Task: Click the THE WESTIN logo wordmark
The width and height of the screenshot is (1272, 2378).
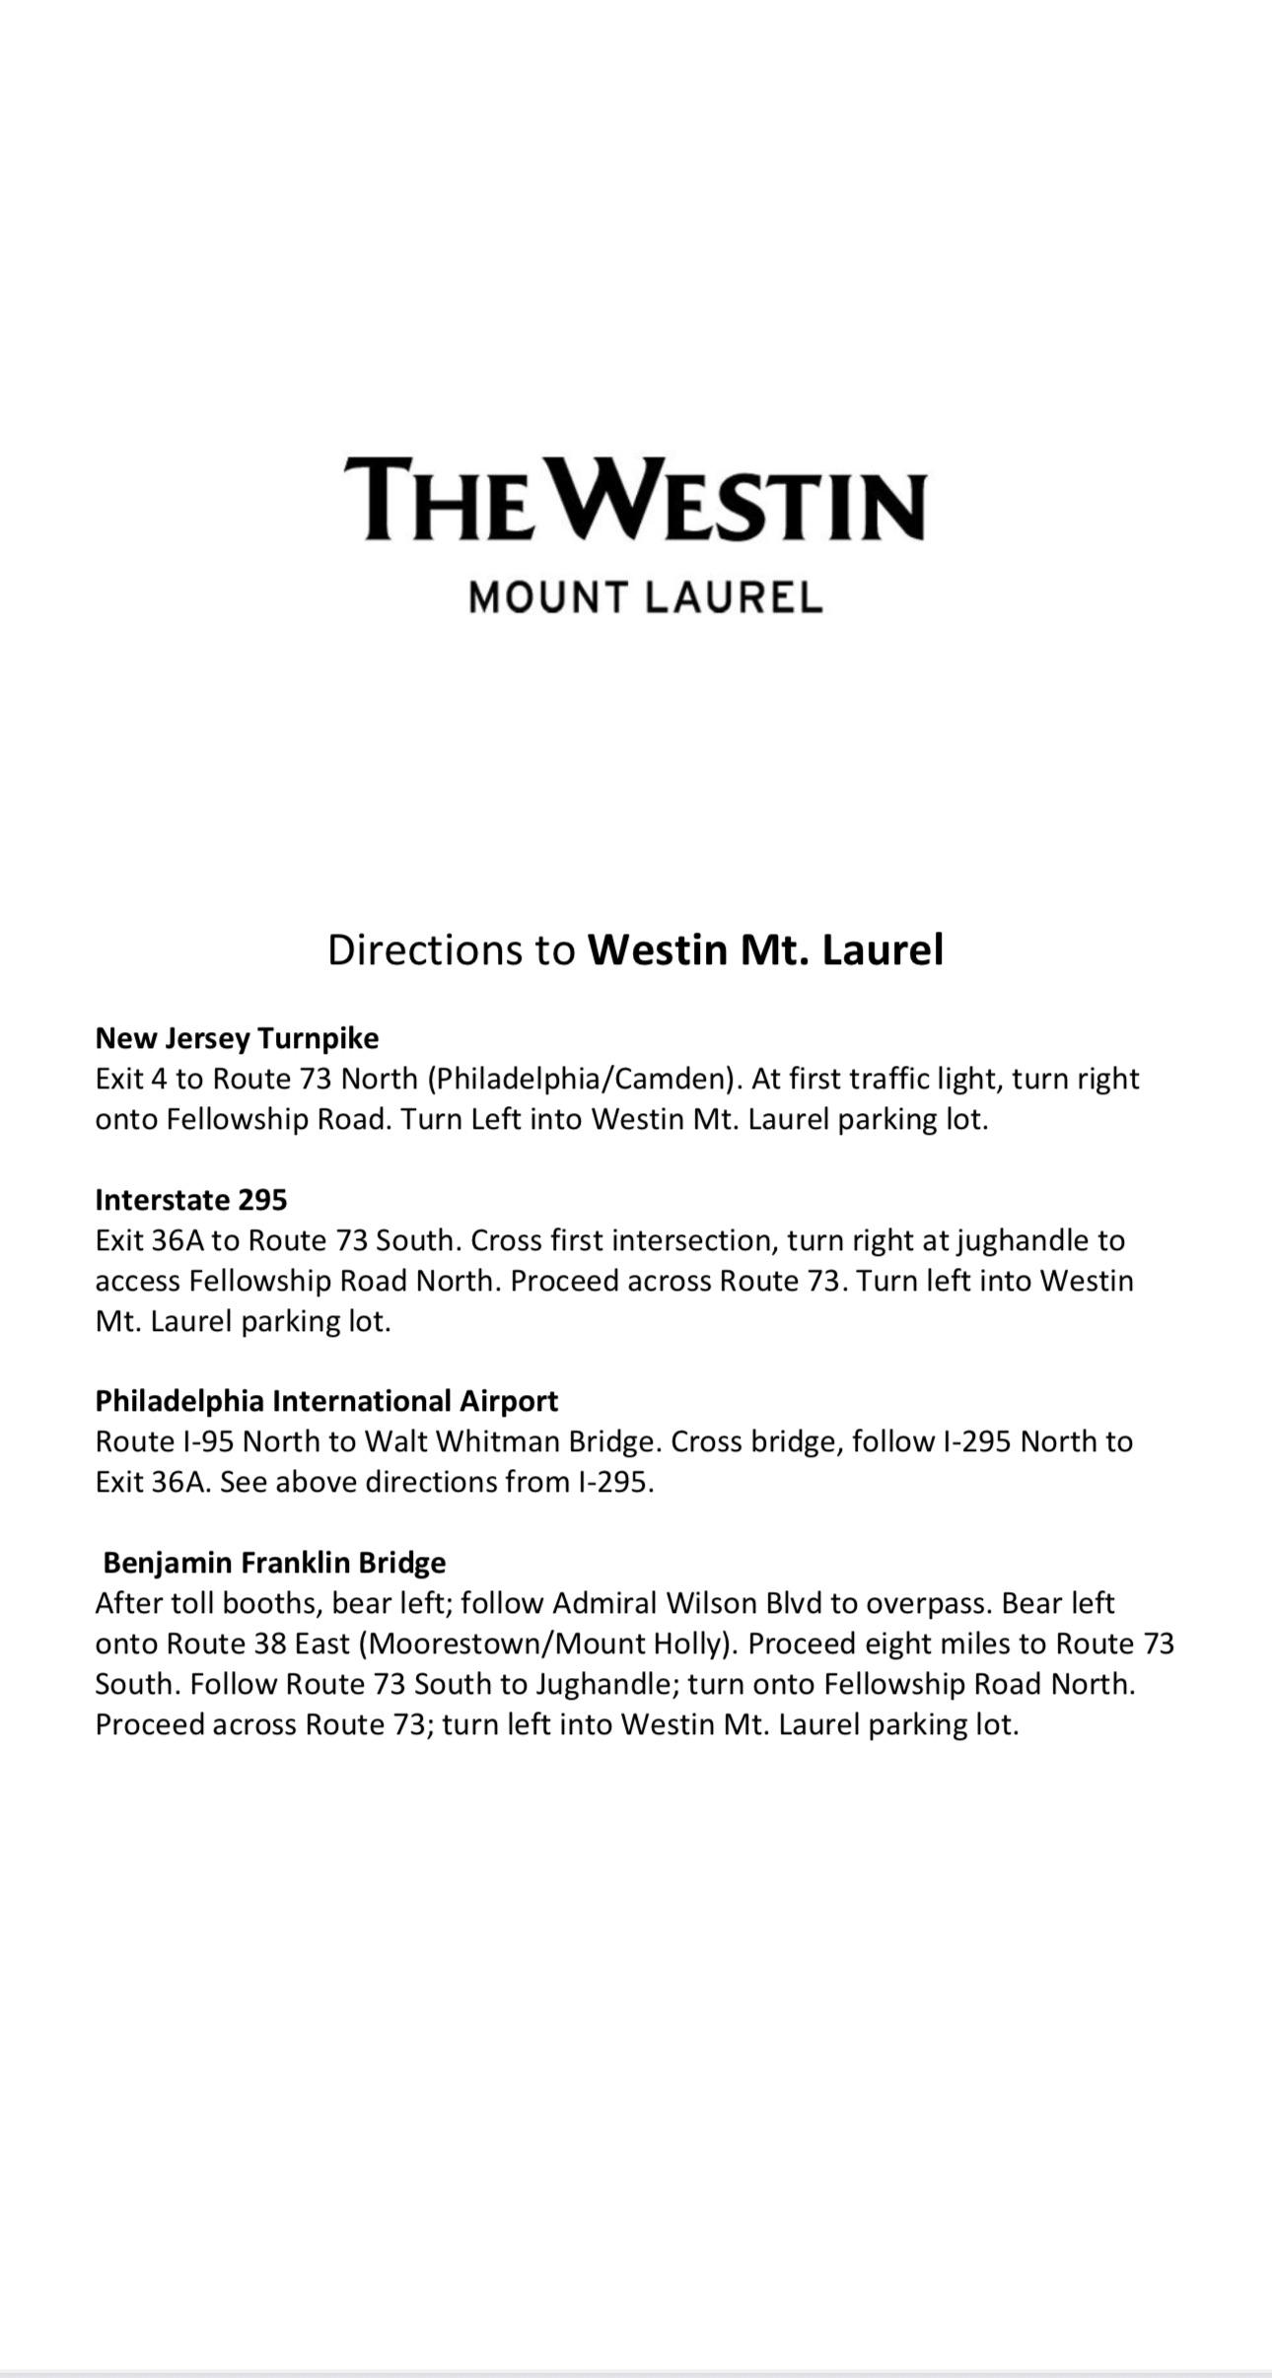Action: tap(635, 499)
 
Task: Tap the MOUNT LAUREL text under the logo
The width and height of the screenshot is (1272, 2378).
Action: tap(645, 597)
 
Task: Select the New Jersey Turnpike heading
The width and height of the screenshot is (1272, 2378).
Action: tap(237, 1038)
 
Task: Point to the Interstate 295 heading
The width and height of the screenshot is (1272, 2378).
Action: tap(191, 1200)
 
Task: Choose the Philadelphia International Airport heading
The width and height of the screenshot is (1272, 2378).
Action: tap(326, 1401)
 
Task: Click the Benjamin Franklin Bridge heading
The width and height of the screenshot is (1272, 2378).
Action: tap(274, 1563)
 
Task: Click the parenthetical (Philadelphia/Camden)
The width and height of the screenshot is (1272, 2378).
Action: tap(583, 1079)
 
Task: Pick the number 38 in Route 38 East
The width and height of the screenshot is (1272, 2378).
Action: tap(266, 1644)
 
